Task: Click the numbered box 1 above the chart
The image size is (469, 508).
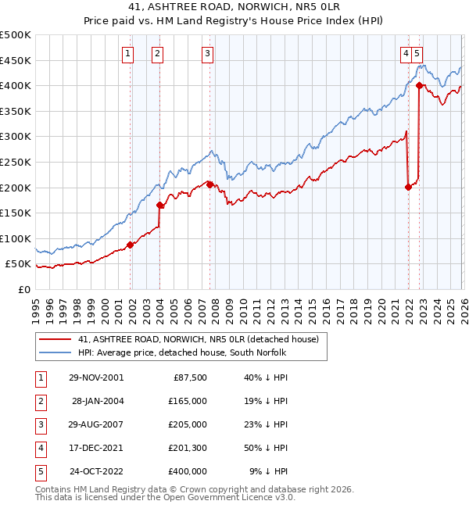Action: point(127,53)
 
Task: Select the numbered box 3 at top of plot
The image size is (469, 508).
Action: point(207,53)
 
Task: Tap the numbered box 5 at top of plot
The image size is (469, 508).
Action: point(418,53)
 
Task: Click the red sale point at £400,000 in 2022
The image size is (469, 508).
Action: point(420,85)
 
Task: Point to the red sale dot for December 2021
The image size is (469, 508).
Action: point(408,186)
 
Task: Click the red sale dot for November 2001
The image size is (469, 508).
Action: point(131,245)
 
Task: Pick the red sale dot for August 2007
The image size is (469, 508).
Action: point(209,184)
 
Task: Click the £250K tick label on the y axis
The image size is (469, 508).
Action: point(16,162)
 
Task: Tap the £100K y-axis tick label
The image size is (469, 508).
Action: point(16,238)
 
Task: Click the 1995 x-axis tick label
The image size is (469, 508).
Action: point(36,305)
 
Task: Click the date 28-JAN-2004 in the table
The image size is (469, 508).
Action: point(96,400)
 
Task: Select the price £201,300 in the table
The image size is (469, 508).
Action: point(187,448)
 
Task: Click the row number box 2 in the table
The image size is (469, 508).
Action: point(38,400)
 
